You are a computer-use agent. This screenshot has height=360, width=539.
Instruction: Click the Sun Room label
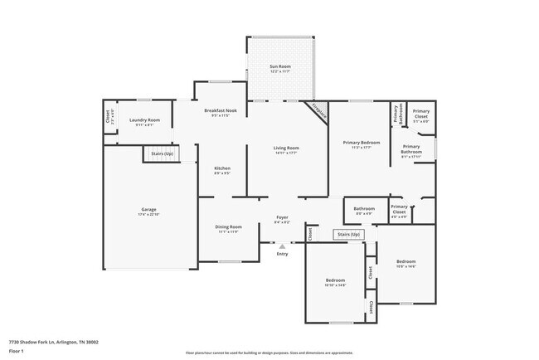279,67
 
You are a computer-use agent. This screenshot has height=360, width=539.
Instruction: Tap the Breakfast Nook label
220,112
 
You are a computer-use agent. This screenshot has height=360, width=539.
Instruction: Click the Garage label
148,210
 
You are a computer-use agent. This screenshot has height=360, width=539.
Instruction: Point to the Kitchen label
221,169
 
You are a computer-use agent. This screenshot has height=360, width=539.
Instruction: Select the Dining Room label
229,227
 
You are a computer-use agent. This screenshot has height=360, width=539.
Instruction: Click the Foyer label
282,219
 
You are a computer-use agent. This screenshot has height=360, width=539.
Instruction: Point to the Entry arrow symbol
282,246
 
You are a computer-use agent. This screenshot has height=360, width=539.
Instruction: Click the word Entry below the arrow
282,253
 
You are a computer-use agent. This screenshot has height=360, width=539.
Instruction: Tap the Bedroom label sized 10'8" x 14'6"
405,262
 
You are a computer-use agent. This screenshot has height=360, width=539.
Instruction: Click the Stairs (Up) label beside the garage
162,153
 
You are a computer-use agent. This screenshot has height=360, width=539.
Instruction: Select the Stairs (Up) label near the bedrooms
349,235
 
